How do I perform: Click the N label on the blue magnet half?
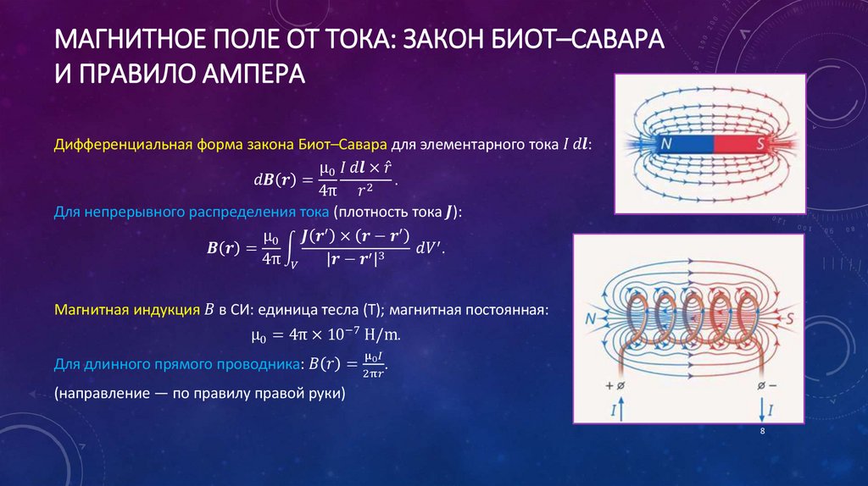(x=666, y=145)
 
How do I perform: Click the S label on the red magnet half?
(x=759, y=145)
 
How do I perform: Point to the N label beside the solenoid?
(x=591, y=321)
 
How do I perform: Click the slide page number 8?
(x=762, y=431)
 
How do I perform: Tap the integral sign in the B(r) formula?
(x=288, y=248)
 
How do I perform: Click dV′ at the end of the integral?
(x=429, y=247)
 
